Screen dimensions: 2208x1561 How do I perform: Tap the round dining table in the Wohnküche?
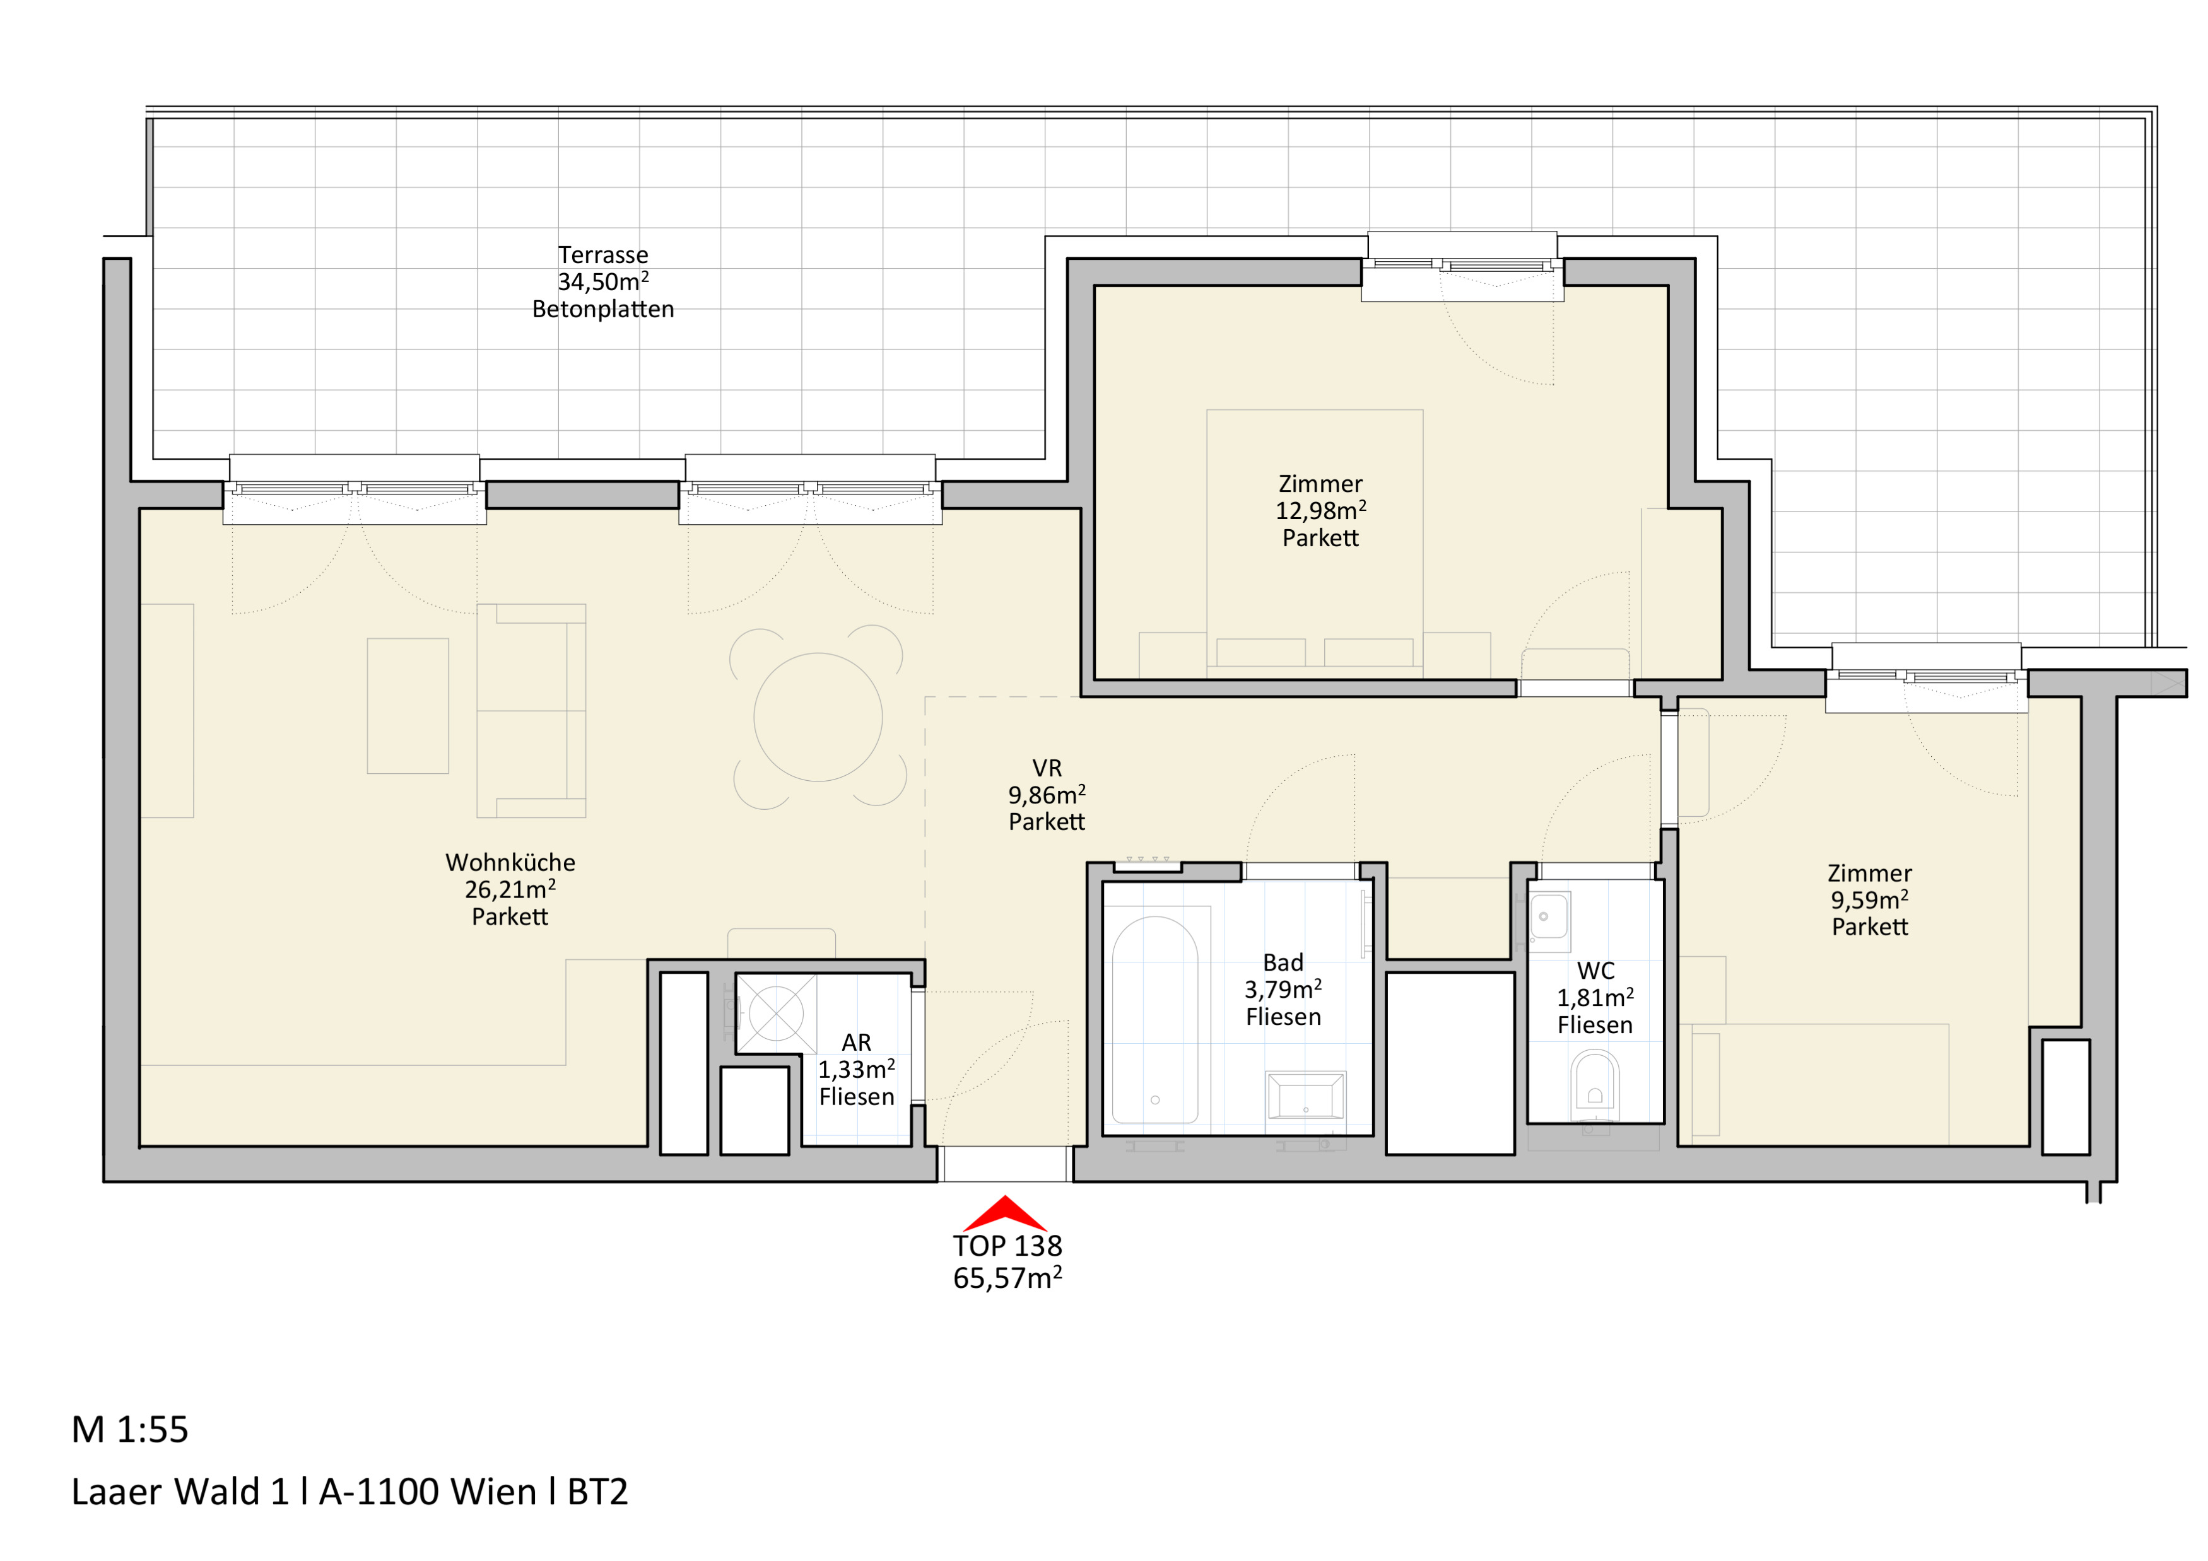pyautogui.click(x=818, y=717)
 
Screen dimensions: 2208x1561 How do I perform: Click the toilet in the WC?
pyautogui.click(x=1594, y=1086)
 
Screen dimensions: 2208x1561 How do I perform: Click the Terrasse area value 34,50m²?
pyautogui.click(x=603, y=282)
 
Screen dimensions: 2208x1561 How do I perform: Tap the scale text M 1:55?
pyautogui.click(x=130, y=1429)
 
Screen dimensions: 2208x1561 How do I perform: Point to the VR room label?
pyautogui.click(x=1047, y=768)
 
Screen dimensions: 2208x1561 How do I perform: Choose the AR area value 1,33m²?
pyautogui.click(x=857, y=1069)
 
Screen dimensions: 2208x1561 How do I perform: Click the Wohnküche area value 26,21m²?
pyautogui.click(x=510, y=889)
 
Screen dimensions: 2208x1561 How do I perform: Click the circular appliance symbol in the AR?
pyautogui.click(x=776, y=1013)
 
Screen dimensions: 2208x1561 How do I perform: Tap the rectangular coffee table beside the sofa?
pyautogui.click(x=408, y=706)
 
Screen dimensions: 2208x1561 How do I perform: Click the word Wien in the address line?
pyautogui.click(x=493, y=1492)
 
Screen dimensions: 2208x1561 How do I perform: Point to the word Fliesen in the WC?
pyautogui.click(x=1594, y=1025)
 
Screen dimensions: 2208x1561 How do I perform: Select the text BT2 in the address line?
pyautogui.click(x=597, y=1492)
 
